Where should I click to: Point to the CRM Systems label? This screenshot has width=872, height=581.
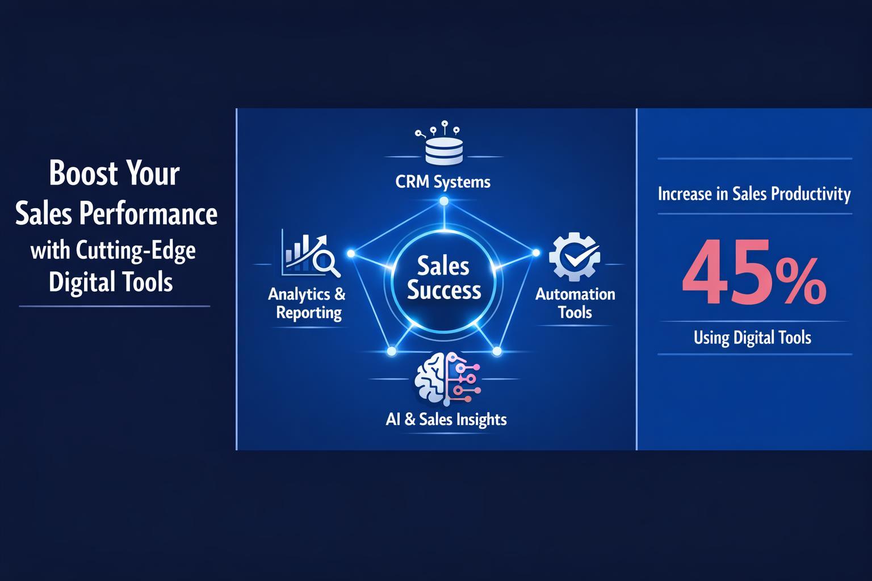[x=443, y=182]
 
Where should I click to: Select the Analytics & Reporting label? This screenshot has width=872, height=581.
[x=307, y=303]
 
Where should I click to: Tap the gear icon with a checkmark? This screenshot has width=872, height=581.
[x=574, y=257]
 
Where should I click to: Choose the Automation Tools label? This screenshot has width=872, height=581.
[x=575, y=303]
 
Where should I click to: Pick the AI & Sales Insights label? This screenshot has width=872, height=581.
[x=446, y=419]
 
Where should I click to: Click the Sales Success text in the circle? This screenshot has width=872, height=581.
[x=444, y=278]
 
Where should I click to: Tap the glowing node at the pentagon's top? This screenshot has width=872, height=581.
[x=444, y=201]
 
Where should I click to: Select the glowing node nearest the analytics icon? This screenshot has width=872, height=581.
[x=351, y=253]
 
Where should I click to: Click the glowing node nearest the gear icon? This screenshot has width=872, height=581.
[x=535, y=252]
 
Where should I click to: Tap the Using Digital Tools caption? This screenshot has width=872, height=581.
[x=752, y=338]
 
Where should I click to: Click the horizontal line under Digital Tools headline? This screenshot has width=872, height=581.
[x=115, y=306]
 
